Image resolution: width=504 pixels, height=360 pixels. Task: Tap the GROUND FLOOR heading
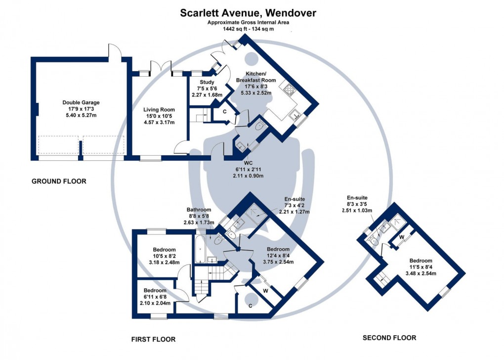point(59,181)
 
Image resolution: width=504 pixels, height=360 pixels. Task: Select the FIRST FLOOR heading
point(153,339)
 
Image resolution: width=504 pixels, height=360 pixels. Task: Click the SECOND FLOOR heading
point(389,338)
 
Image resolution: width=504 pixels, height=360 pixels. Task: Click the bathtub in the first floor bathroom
point(200,250)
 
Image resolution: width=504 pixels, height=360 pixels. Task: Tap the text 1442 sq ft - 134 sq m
point(241,29)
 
